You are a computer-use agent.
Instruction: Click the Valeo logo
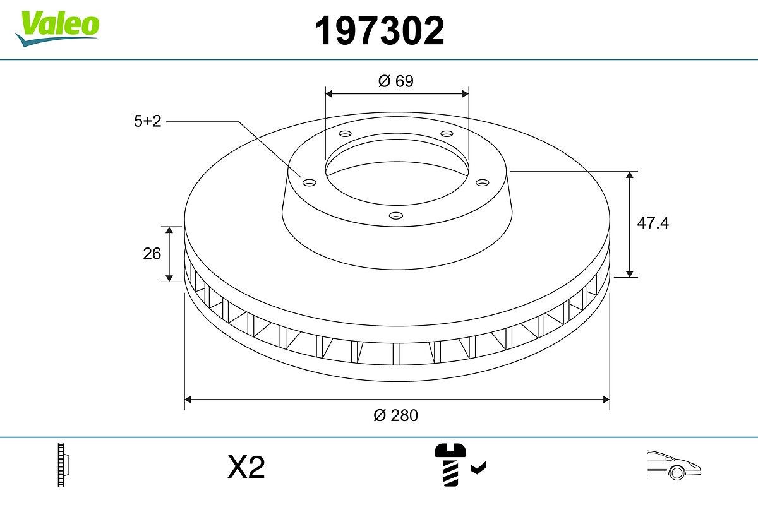57,26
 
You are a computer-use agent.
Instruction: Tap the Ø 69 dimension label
396,81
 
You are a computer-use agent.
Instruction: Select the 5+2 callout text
148,122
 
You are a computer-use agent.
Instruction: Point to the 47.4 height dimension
653,223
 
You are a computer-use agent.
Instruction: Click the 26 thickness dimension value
152,254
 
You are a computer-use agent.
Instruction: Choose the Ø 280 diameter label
396,415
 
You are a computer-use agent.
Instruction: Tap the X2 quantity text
246,468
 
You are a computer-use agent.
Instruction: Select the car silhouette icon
673,465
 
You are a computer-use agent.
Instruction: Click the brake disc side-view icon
63,466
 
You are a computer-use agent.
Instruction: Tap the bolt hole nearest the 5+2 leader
309,183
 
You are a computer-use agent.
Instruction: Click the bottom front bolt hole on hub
396,216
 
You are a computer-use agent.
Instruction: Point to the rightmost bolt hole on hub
483,182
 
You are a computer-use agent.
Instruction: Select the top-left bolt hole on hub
344,134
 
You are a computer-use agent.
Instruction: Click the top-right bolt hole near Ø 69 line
447,134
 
